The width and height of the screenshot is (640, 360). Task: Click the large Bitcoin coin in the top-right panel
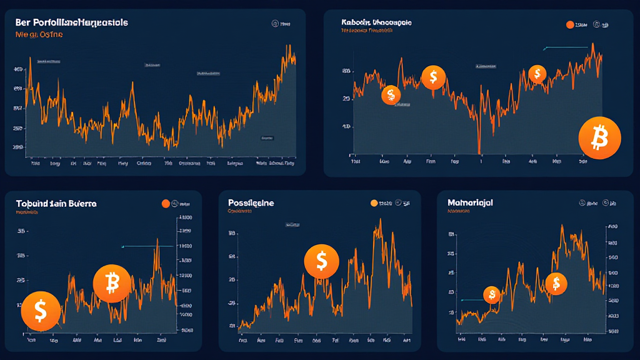point(599,137)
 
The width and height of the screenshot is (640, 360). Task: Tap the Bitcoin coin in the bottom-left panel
point(112,284)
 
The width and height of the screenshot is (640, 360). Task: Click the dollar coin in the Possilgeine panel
point(321,261)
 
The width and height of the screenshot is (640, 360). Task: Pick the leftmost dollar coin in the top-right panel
point(391,95)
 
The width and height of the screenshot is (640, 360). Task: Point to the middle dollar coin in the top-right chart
point(433,77)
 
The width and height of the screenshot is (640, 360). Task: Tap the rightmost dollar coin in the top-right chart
point(537,74)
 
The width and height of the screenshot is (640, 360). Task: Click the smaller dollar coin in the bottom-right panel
point(492,295)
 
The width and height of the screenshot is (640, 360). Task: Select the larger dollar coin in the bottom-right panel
point(556,284)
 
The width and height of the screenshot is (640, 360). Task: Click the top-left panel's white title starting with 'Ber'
point(71,22)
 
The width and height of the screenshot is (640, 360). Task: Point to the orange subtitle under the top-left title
point(38,35)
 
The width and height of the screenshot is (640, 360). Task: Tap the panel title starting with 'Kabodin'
point(376,22)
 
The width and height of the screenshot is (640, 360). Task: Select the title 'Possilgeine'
point(251,203)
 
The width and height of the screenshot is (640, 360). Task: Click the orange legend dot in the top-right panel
point(569,24)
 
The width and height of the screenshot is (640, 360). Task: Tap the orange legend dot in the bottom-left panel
point(166,203)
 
